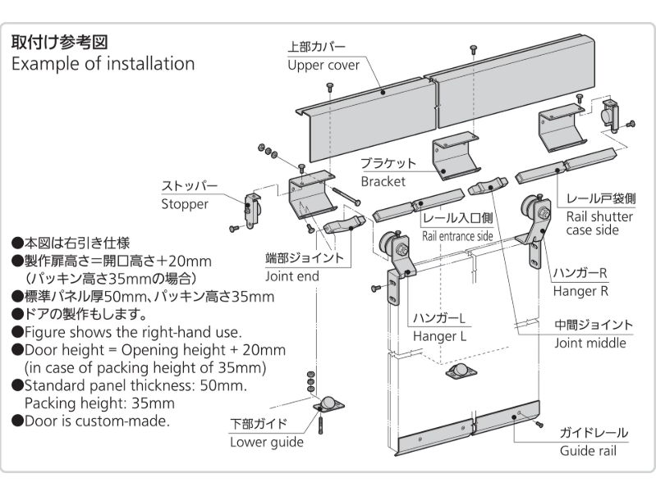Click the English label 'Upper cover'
pos(323,66)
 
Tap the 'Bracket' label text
pos(384,180)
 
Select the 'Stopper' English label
pos(185,204)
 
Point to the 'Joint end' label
pos(292,276)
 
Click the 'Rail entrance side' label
pos(457,236)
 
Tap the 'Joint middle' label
pos(589,343)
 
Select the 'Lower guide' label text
pos(266,442)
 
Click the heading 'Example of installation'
pos(103,64)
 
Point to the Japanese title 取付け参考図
pos(58,41)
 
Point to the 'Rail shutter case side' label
pos(599,223)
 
